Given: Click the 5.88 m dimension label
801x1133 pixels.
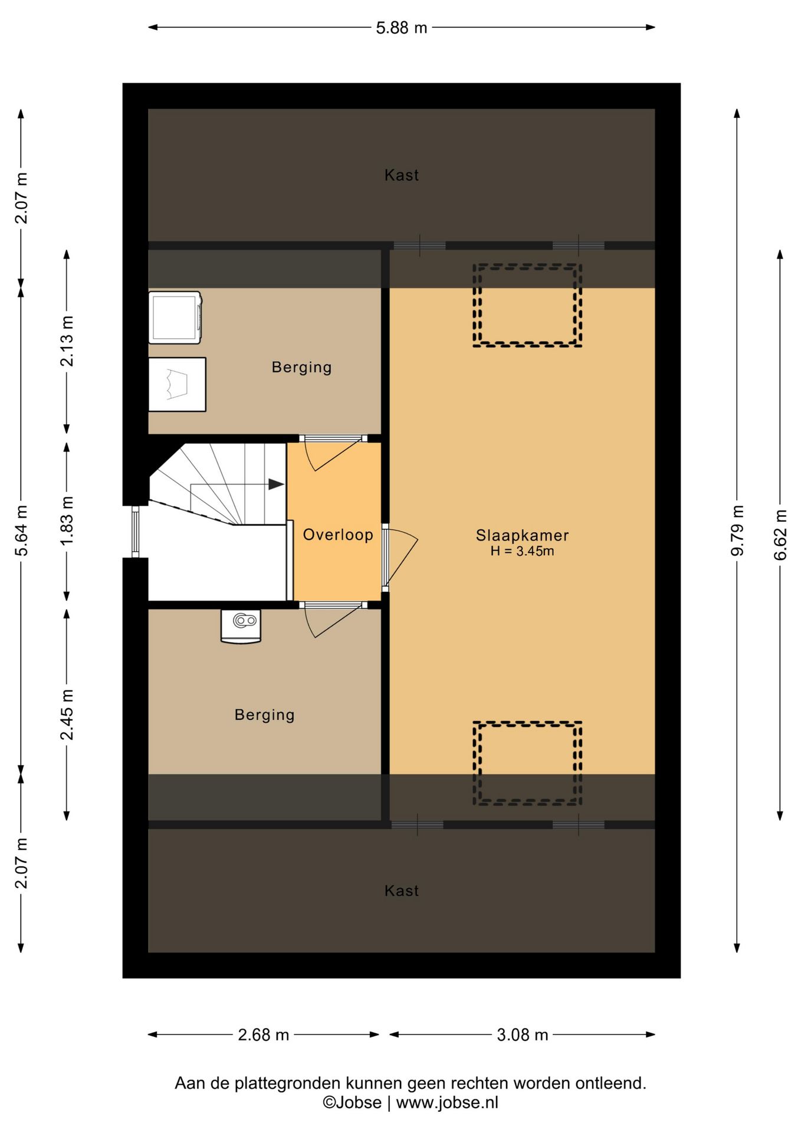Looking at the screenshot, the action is click(x=401, y=28).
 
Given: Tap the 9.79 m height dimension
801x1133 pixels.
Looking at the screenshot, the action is click(x=737, y=531).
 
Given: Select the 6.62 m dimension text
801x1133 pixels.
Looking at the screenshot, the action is click(x=780, y=535).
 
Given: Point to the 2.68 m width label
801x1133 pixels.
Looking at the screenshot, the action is click(x=263, y=1034).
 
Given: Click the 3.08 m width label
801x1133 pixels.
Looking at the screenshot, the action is click(x=522, y=1034).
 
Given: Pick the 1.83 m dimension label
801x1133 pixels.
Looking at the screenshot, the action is click(x=67, y=520).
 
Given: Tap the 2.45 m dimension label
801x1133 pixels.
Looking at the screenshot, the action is click(x=67, y=714).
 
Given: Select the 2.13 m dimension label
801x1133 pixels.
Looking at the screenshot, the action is click(x=67, y=341).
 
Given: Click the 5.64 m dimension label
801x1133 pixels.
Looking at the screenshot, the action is click(x=21, y=531).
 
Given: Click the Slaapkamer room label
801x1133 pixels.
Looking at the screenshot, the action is click(x=522, y=535).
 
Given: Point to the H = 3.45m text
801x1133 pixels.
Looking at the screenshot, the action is click(x=522, y=551).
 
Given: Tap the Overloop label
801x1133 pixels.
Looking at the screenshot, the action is click(x=338, y=535).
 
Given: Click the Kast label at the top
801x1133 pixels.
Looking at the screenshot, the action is click(x=402, y=175).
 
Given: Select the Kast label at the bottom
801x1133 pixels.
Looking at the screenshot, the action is click(x=402, y=890).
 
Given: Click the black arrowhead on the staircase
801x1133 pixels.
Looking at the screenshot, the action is click(x=276, y=484).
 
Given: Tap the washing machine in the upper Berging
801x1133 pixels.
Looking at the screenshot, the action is click(x=175, y=317).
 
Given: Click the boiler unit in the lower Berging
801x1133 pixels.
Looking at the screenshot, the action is click(x=241, y=626).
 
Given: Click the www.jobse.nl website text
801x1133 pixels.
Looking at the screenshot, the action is click(x=447, y=1102).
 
